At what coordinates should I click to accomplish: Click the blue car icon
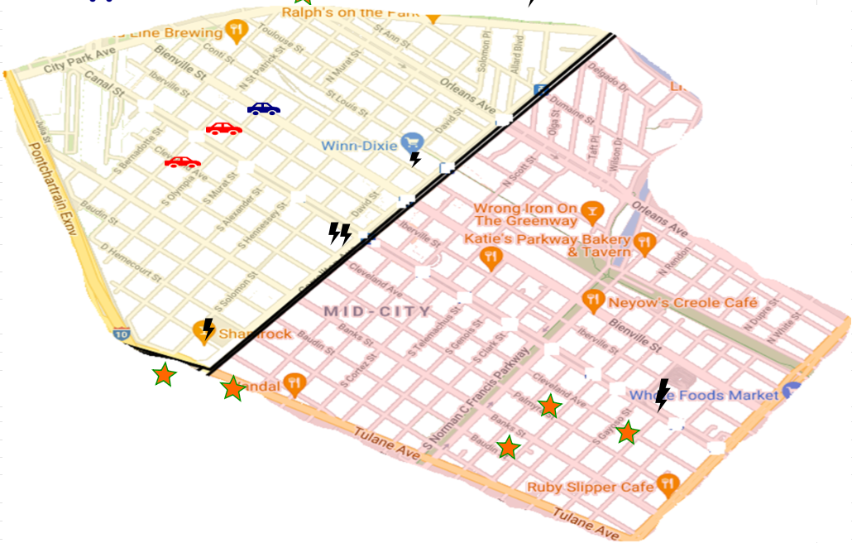263,108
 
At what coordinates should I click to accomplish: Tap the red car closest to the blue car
223,128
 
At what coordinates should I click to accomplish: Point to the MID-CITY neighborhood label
377,311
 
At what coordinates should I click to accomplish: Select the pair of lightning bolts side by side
339,233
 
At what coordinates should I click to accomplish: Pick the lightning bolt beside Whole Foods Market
662,395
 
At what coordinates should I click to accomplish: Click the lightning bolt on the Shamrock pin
208,329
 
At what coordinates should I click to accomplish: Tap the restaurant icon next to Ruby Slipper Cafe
668,484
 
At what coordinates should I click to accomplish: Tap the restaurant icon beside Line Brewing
237,31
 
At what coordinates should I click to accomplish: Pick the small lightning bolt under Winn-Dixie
415,159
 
